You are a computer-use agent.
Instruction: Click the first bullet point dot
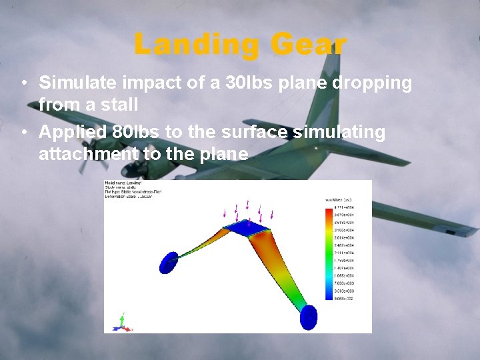23,84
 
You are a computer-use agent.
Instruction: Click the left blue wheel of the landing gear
169,261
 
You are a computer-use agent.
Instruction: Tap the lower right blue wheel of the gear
308,317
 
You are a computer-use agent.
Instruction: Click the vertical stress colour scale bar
327,254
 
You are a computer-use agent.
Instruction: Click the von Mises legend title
339,199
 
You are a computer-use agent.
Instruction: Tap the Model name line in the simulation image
123,183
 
